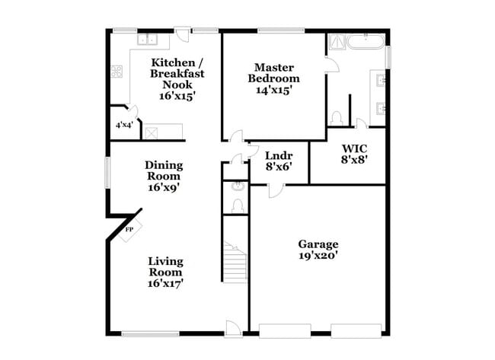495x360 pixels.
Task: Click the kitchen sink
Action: [x=145, y=39]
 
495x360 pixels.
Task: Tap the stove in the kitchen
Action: [x=118, y=72]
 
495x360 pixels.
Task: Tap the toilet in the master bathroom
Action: [x=336, y=118]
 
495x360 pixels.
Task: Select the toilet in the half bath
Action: [x=237, y=205]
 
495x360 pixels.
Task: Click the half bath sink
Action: [x=237, y=186]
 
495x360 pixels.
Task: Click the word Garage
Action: [x=318, y=244]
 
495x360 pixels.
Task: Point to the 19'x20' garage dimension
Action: [x=318, y=256]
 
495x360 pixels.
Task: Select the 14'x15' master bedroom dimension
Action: [x=275, y=90]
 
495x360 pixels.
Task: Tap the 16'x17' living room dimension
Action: [x=165, y=283]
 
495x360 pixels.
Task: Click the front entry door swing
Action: [x=234, y=327]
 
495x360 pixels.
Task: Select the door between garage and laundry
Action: [x=276, y=189]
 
